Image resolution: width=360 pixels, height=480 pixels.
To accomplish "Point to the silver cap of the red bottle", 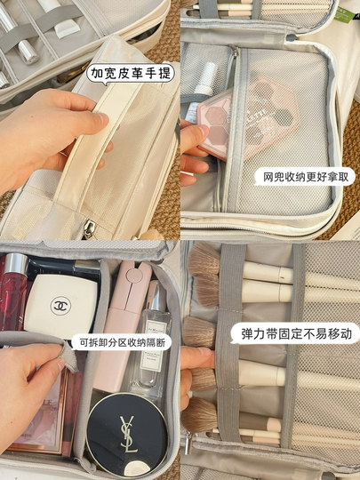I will pyautogui.click(x=15, y=264).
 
